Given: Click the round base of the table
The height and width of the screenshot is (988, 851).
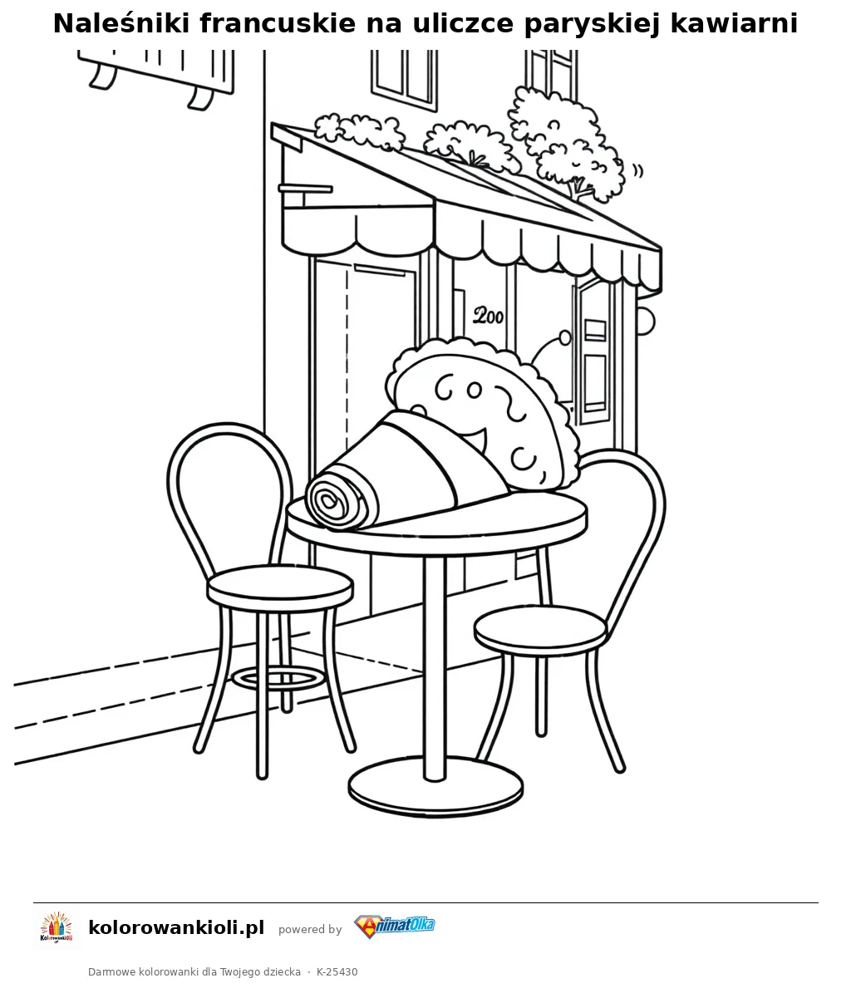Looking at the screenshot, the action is click(x=435, y=789).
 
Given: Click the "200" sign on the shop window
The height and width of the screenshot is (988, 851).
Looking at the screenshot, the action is click(x=489, y=315).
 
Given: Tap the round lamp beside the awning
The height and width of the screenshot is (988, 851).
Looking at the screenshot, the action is click(x=646, y=322).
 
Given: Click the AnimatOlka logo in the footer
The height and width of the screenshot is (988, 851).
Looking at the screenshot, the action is click(x=395, y=927).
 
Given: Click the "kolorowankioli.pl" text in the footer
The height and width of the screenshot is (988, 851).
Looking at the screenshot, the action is click(x=176, y=927).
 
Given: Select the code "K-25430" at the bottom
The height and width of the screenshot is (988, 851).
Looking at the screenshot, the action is click(x=337, y=971).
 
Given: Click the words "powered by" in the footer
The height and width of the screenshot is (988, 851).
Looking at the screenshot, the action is click(x=310, y=929).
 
